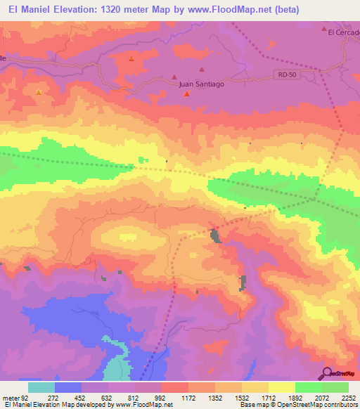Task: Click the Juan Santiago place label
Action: tap(201, 84)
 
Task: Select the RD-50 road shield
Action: tap(284, 74)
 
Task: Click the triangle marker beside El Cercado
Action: tap(324, 30)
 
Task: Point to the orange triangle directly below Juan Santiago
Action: tap(186, 93)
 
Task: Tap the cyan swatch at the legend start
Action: tap(41, 387)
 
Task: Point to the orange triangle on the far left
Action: tap(39, 92)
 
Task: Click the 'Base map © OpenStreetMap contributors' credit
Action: tap(298, 405)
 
